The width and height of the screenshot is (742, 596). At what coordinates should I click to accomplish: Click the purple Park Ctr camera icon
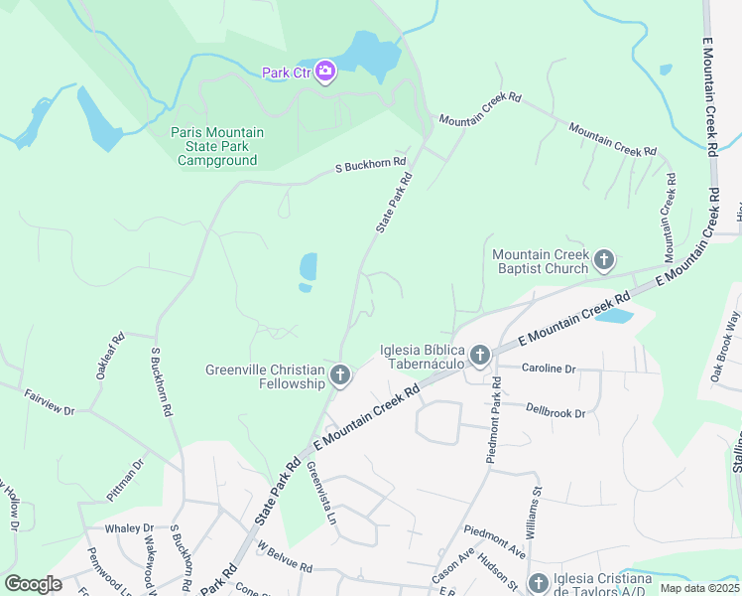click(x=325, y=72)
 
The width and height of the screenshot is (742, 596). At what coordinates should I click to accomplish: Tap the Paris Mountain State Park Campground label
click(x=217, y=146)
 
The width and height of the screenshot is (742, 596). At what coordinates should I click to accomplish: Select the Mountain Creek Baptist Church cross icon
click(x=604, y=262)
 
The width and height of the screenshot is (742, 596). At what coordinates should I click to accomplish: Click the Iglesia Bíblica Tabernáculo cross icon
click(x=480, y=355)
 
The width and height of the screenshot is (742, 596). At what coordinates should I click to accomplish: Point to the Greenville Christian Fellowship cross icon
click(x=340, y=375)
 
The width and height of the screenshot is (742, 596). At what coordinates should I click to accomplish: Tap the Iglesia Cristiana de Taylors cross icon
click(x=539, y=583)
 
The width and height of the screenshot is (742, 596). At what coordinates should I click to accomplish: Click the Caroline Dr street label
click(x=549, y=369)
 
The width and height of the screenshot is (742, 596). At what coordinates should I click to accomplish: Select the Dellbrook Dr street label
click(x=556, y=412)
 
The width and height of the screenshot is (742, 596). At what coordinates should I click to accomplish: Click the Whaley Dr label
click(x=134, y=528)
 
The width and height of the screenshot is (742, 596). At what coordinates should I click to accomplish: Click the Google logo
click(x=33, y=583)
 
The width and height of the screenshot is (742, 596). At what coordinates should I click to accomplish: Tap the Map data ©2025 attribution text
click(x=698, y=588)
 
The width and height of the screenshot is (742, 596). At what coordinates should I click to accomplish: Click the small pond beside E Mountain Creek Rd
click(x=614, y=317)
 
